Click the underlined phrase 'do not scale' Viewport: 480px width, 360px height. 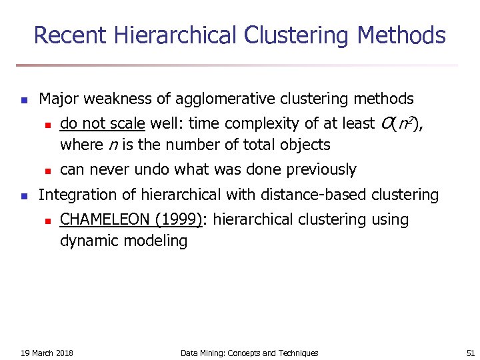point(103,124)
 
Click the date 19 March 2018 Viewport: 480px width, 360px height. point(47,353)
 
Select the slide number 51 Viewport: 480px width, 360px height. point(469,353)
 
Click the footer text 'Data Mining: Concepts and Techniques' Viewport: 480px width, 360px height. point(249,353)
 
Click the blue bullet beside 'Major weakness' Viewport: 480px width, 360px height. point(23,101)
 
